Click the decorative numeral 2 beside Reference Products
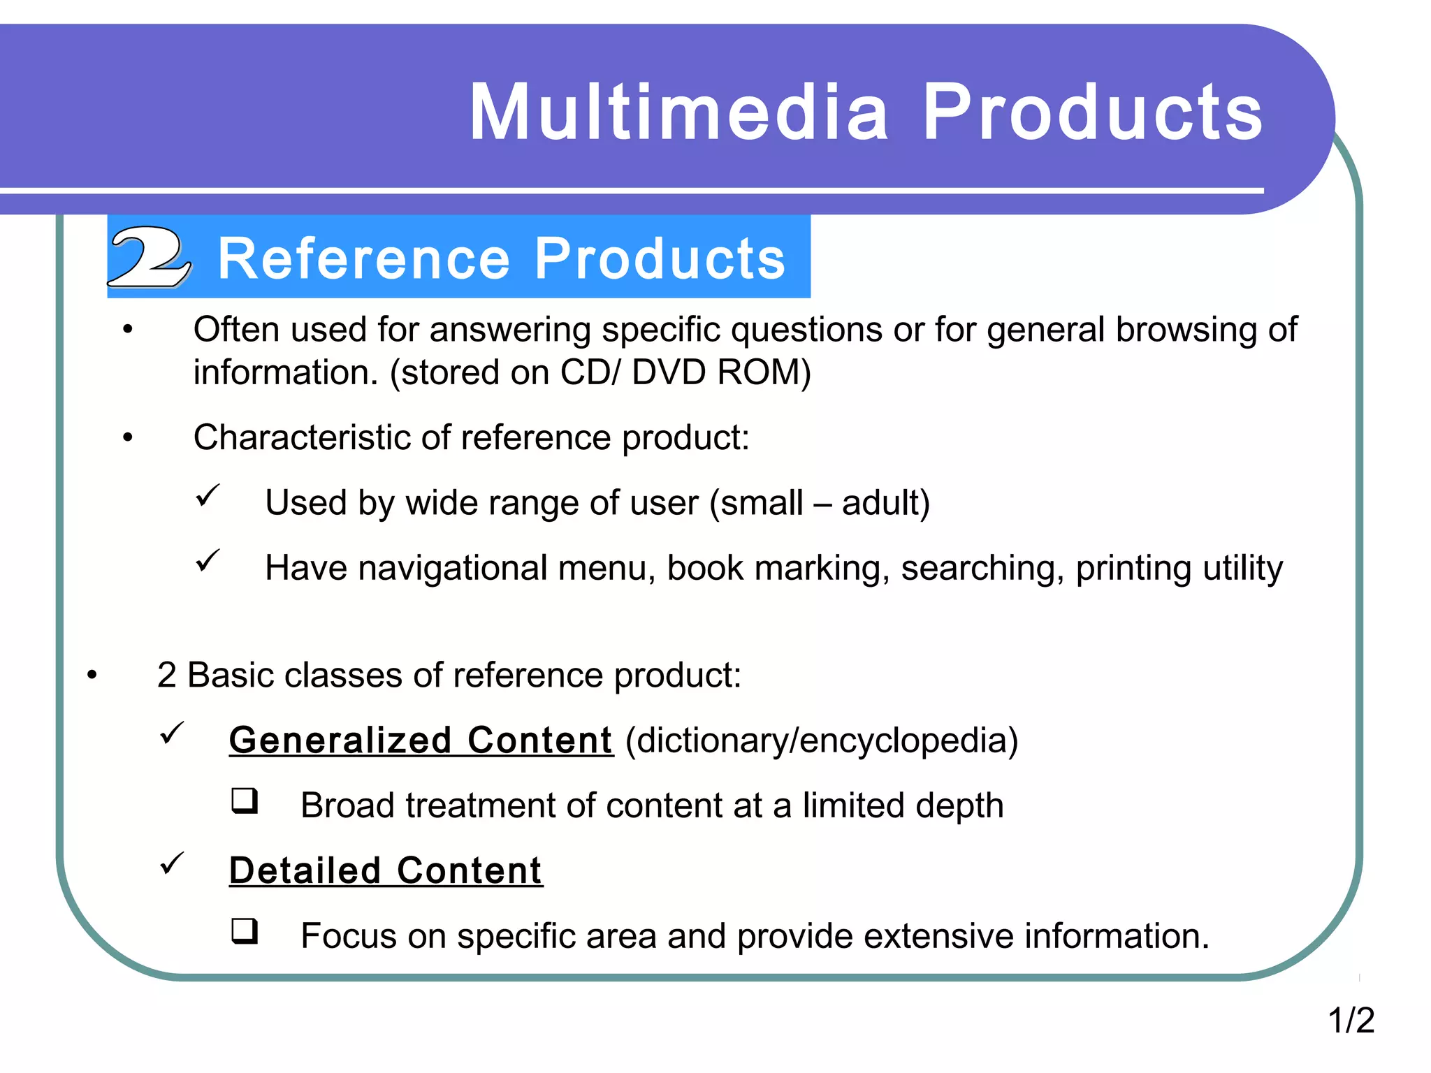149,257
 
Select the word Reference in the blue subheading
363,258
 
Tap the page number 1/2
1351,1020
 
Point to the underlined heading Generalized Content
421,740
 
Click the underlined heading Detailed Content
386,871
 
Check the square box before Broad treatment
245,801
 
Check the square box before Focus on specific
245,931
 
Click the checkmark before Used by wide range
208,496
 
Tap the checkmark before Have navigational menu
208,560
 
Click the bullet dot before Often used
127,330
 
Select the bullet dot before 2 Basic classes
92,676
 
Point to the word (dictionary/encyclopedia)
822,740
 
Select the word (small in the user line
756,503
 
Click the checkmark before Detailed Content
172,863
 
